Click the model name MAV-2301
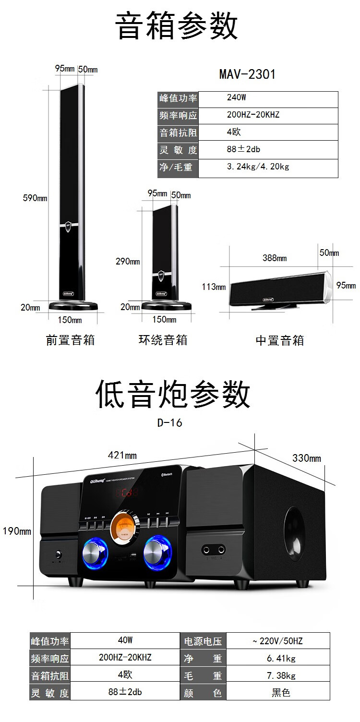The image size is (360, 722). tap(247, 74)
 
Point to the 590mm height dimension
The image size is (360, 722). tap(35, 198)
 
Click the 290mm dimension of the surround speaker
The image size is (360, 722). tap(127, 262)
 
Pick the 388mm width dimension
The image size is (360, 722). tap(275, 258)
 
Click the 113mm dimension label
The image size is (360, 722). tap(214, 287)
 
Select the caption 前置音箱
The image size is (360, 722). tap(70, 340)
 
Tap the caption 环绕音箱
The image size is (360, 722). tap(163, 340)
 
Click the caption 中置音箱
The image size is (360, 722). tap(279, 341)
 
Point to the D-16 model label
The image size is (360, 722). tap(170, 423)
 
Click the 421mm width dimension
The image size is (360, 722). tap(124, 455)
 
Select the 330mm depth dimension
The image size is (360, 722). tap(306, 458)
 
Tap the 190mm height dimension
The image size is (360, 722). tap(17, 531)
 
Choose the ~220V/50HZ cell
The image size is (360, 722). tap(277, 641)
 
